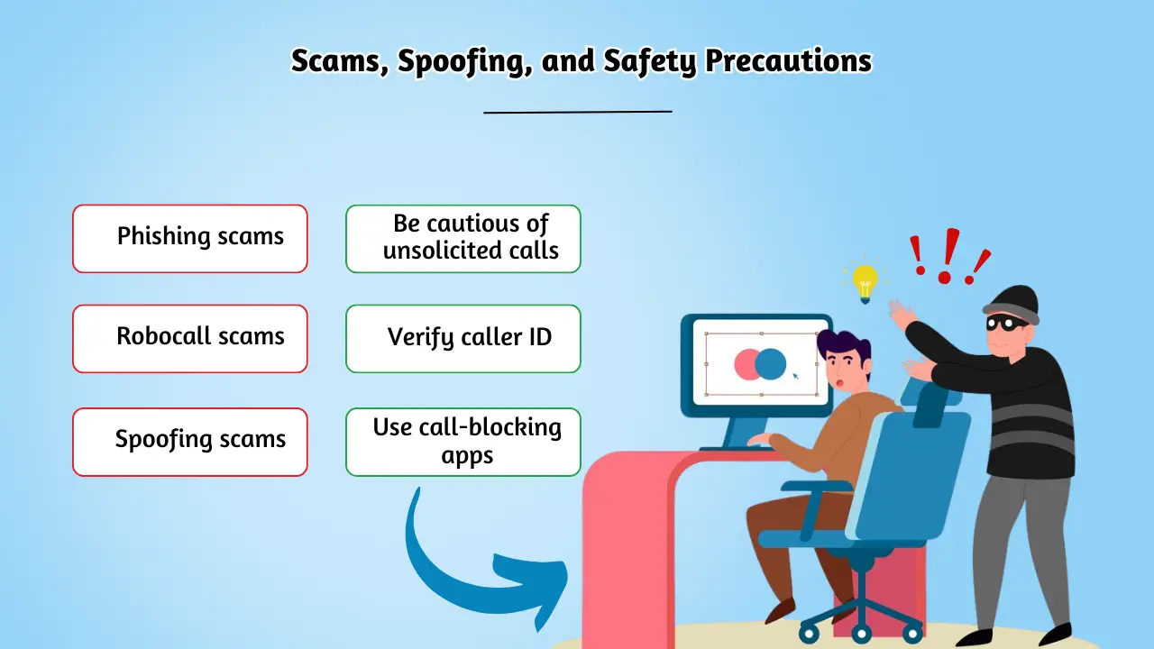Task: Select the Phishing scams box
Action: [190, 238]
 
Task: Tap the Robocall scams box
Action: [190, 338]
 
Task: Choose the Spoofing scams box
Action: [190, 442]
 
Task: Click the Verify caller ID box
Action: [463, 338]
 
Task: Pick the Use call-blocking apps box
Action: [463, 442]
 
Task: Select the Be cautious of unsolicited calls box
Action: [463, 238]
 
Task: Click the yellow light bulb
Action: [865, 281]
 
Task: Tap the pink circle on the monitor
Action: [746, 363]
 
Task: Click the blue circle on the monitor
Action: [771, 363]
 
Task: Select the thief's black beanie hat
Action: [1012, 302]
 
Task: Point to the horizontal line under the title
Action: [578, 112]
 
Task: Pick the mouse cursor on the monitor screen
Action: [795, 375]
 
